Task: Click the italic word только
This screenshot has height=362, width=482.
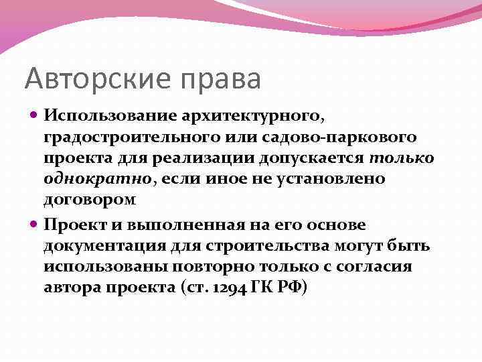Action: click(401, 159)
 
